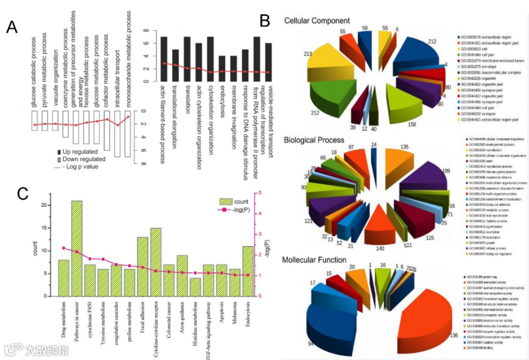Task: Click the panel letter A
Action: point(12,28)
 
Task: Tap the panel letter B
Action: point(265,21)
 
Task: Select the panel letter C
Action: point(23,193)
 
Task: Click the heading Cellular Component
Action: point(317,21)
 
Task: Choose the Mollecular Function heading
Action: point(314,260)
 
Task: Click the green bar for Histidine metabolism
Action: point(195,287)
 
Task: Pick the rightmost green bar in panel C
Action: point(248,271)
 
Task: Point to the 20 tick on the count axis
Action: point(45,205)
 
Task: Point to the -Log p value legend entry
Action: point(78,167)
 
